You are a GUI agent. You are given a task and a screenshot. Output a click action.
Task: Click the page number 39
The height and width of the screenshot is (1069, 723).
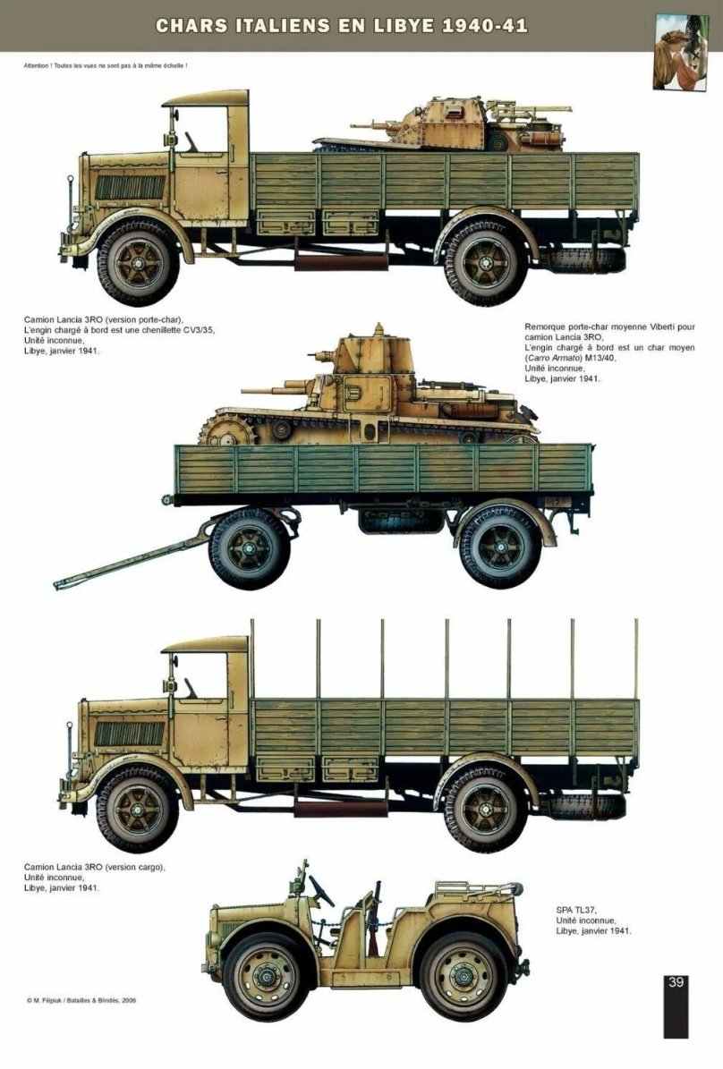click(676, 982)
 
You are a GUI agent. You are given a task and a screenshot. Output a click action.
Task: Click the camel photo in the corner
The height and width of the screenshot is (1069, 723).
click(676, 50)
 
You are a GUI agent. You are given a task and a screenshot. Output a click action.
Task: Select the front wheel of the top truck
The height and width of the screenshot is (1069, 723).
click(135, 262)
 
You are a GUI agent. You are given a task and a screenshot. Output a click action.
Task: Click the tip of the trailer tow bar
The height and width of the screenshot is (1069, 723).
click(59, 584)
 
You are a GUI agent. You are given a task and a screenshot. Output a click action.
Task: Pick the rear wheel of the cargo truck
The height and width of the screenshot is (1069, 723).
click(484, 810)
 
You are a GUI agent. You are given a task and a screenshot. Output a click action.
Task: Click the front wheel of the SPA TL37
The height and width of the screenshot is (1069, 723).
click(267, 976)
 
